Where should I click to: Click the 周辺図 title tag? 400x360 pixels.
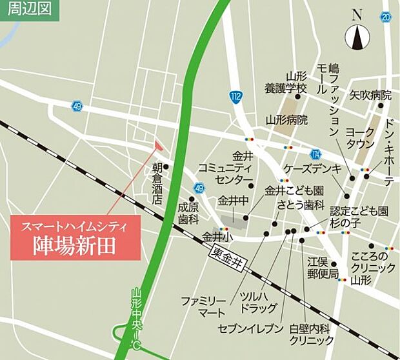pos(28,10)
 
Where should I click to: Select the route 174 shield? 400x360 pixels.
pos(315,154)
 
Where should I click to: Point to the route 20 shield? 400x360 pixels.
pos(386,17)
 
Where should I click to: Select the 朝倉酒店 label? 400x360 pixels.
pos(157,183)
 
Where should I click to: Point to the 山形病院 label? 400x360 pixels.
pos(286,120)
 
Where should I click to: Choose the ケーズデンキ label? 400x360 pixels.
pos(311,168)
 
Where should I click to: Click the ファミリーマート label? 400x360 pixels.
pos(203,307)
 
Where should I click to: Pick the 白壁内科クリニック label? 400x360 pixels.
pos(311,334)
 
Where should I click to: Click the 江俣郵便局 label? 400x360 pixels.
pos(324,268)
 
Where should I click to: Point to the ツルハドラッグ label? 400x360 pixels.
pos(259,302)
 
